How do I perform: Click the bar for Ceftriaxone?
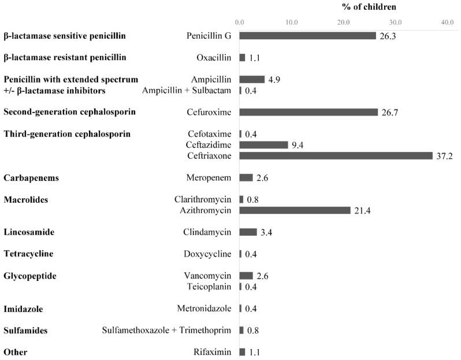coord(336,155)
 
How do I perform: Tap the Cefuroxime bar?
coord(308,112)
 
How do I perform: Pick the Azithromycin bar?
coord(295,210)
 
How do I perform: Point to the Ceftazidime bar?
coord(263,145)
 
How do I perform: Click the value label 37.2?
coord(444,156)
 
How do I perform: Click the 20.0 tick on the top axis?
coord(343,22)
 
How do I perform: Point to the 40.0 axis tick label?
coord(447,22)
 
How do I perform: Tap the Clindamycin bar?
coord(248,232)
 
